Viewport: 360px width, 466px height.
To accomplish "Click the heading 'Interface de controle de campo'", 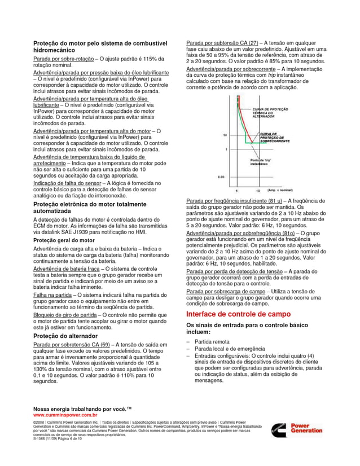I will [239, 314].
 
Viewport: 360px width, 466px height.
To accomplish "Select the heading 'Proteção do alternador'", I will [64, 336].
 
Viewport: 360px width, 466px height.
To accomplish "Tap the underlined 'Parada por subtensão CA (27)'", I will [222, 43].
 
